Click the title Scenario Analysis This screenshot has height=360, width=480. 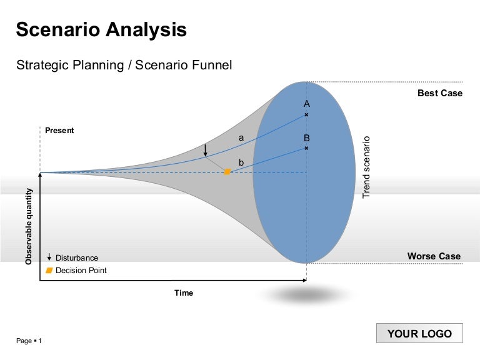(101, 30)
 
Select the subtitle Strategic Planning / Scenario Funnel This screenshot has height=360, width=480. (124, 65)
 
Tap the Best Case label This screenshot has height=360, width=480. (440, 93)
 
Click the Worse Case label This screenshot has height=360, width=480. (434, 256)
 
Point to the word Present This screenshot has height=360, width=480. (59, 131)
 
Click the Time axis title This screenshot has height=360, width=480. (184, 292)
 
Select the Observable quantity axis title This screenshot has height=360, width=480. (29, 226)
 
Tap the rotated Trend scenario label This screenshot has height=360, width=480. (367, 167)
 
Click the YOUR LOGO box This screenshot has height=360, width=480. (419, 334)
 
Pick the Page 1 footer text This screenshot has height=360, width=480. (29, 341)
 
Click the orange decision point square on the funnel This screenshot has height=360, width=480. (227, 171)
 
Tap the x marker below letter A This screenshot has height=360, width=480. (306, 115)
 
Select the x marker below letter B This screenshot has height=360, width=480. (306, 148)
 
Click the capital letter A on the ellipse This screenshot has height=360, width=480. (306, 104)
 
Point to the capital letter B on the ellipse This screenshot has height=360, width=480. (306, 137)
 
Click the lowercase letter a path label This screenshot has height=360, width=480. (241, 137)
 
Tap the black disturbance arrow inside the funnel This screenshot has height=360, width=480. (205, 151)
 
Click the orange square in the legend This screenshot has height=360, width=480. (49, 271)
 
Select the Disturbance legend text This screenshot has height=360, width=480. (77, 257)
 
